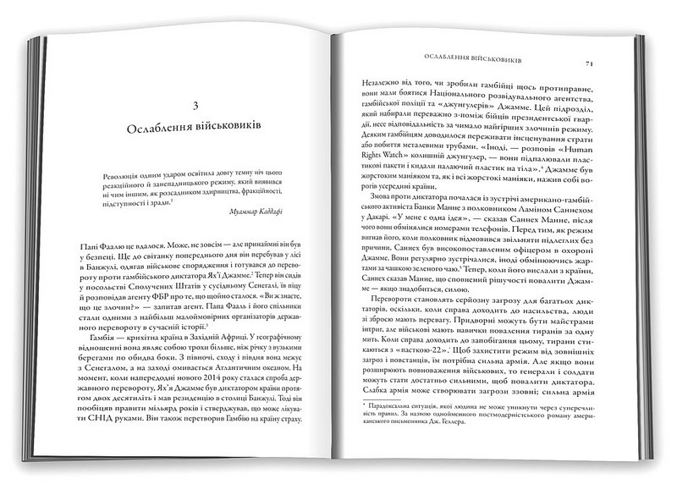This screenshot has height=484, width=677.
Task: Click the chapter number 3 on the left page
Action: pos(195,106)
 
